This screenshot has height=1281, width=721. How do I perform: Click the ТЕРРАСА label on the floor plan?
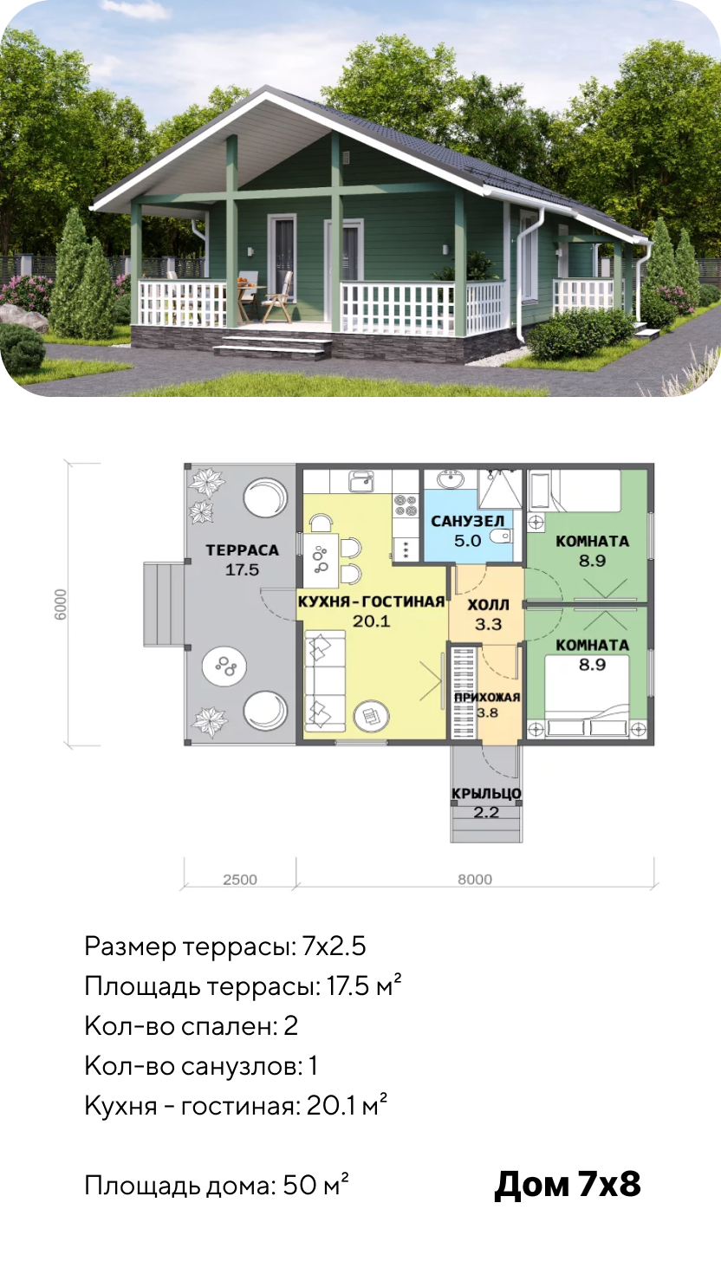(x=243, y=550)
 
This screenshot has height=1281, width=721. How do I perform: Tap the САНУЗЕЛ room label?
(x=468, y=521)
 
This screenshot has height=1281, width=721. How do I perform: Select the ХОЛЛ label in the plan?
(x=488, y=605)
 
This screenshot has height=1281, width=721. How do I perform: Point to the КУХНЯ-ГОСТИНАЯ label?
(x=371, y=601)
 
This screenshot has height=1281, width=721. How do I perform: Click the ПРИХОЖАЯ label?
(x=487, y=697)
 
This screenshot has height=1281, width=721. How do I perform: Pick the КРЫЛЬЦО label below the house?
(x=486, y=794)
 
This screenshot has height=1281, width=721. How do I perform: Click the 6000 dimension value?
(x=61, y=604)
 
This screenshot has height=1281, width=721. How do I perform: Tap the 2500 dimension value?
(x=240, y=880)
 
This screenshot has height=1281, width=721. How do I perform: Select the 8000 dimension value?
(x=475, y=879)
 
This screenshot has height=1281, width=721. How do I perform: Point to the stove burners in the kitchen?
(x=406, y=505)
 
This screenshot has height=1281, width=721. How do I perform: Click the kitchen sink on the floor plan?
(x=361, y=482)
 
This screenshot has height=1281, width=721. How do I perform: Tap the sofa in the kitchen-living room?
(x=325, y=680)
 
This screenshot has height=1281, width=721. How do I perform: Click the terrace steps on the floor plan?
(x=163, y=604)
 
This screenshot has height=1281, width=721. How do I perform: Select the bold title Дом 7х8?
(x=568, y=1184)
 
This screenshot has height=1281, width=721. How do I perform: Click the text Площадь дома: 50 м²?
(x=217, y=1185)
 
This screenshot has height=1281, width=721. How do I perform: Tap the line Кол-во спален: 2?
(x=191, y=1026)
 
